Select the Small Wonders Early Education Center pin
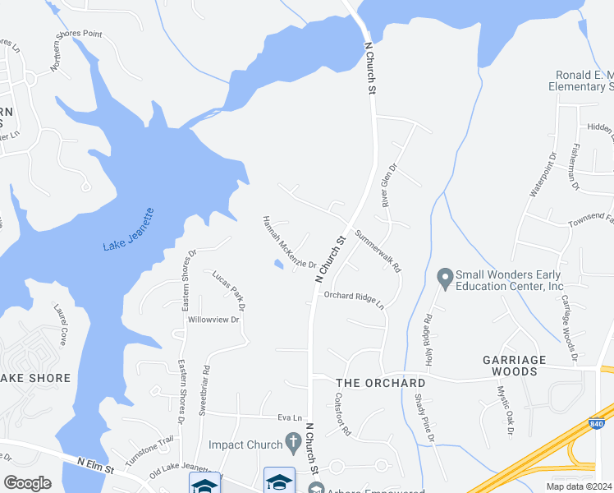(x=445, y=279)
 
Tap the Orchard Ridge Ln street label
(x=354, y=299)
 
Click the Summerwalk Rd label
(x=378, y=251)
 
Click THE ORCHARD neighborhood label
(x=381, y=383)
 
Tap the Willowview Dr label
(x=213, y=319)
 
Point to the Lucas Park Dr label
(x=229, y=290)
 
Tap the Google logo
(x=27, y=483)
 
